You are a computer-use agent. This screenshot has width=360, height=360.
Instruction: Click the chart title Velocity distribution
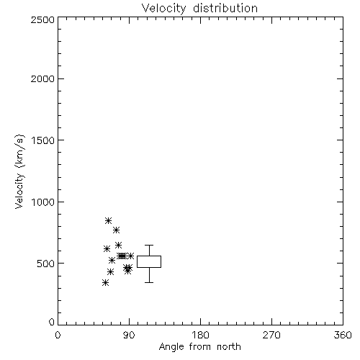click(199, 9)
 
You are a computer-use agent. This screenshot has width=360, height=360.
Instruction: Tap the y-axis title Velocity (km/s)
click(19, 172)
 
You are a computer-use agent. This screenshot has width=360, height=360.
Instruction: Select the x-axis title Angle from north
click(199, 347)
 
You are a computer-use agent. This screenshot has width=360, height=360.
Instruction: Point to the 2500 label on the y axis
click(42, 19)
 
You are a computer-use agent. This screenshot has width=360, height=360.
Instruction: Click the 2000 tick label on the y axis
click(42, 78)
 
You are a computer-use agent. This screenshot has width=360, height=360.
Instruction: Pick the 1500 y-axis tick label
click(43, 140)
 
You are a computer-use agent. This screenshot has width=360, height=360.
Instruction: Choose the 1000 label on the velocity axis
click(43, 202)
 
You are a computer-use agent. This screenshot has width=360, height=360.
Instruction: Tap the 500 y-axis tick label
click(45, 264)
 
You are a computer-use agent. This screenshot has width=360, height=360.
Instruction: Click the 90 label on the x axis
click(129, 335)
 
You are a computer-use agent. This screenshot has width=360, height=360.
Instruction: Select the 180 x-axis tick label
click(200, 335)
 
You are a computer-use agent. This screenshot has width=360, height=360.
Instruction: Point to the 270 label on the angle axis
click(271, 335)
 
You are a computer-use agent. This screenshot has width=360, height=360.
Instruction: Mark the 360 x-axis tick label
click(343, 335)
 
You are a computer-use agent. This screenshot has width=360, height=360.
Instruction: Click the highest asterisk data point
click(108, 220)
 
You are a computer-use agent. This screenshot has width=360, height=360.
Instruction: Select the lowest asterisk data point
click(105, 283)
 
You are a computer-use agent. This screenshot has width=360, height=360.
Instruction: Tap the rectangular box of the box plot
click(149, 256)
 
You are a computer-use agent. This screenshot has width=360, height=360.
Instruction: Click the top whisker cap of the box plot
click(149, 245)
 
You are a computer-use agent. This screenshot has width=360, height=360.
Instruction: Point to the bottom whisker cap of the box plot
click(149, 282)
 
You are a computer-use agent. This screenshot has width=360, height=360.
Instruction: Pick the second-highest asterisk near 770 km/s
click(116, 230)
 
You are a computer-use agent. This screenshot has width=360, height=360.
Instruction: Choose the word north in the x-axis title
click(229, 347)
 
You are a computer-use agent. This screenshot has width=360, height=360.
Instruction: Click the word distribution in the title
click(225, 9)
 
